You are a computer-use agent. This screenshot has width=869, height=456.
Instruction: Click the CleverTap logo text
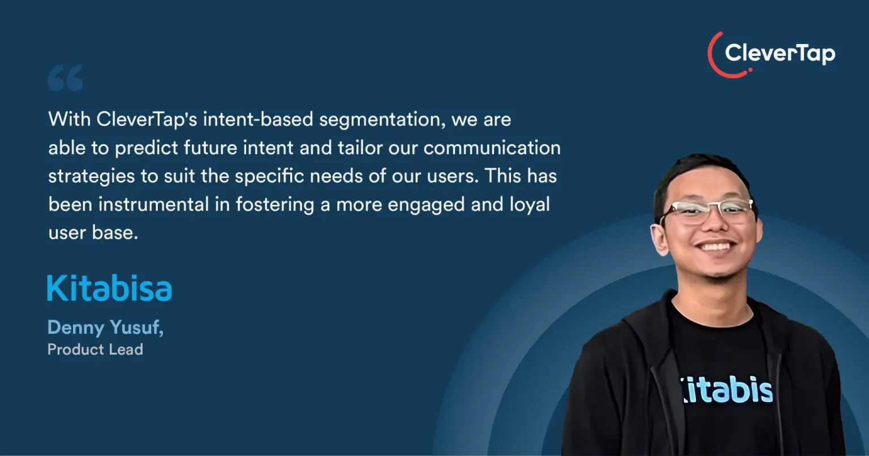coord(780,54)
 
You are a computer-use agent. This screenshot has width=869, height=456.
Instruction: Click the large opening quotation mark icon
coord(65,78)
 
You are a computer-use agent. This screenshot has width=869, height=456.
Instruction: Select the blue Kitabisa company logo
coord(109,288)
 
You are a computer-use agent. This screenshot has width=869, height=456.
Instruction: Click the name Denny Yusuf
coord(105,328)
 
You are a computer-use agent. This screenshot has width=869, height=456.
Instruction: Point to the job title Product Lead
coord(95,349)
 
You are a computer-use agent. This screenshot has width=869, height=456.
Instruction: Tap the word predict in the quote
coord(147,148)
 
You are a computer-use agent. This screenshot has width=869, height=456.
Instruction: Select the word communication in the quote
coord(492,148)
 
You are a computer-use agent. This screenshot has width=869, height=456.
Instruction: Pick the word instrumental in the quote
coord(154,204)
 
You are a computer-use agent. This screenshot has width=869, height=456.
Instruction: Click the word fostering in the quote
coord(274,205)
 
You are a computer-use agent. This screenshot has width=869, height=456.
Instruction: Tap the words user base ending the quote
coord(93,233)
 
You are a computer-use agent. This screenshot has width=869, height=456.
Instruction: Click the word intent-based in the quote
coord(258,119)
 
